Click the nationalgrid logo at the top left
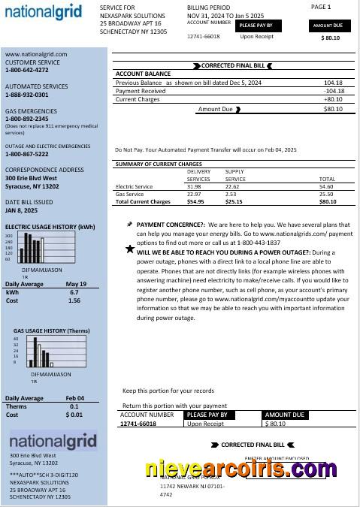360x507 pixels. pyautogui.click(x=44, y=12)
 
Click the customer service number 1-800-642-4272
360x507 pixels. pyautogui.click(x=27, y=70)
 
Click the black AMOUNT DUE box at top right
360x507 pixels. pyautogui.click(x=328, y=25)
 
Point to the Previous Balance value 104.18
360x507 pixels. pyautogui.click(x=334, y=83)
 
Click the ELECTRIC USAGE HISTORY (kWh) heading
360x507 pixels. pyautogui.click(x=50, y=226)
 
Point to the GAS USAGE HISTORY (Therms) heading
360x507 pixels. pyautogui.click(x=51, y=330)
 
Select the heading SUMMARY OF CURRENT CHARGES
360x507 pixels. pyautogui.click(x=159, y=164)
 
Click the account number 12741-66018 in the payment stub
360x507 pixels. pyautogui.click(x=138, y=424)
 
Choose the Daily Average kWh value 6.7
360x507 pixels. pyautogui.click(x=74, y=291)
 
